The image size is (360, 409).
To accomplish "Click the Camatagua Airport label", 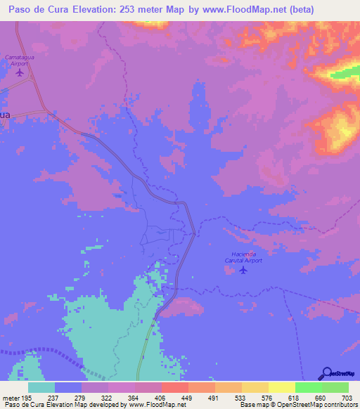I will click(20, 60).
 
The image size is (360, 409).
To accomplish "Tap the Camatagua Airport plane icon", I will click(19, 72).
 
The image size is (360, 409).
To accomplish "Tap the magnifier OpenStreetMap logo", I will click(326, 372).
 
